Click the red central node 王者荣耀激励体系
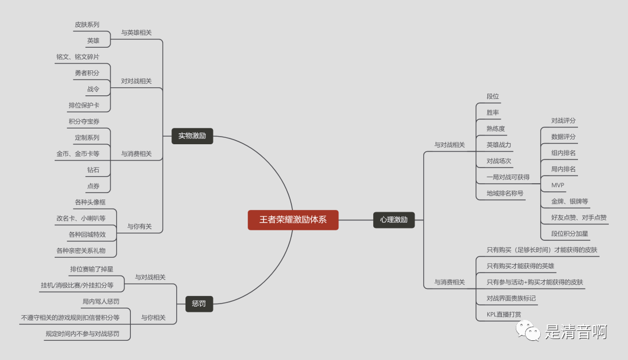point(292,220)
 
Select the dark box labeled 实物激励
point(192,136)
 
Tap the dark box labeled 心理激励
point(394,220)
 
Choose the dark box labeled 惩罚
point(199,304)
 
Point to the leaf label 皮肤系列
point(87,24)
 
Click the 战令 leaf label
point(93,89)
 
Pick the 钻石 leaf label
point(93,170)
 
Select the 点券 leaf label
point(93,186)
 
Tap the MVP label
point(558,185)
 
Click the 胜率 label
point(493,112)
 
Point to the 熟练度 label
point(496,129)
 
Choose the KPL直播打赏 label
point(504,315)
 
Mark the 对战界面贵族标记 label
point(511,298)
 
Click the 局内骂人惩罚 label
point(101,301)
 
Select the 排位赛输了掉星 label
point(92,269)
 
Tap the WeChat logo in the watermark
point(528,331)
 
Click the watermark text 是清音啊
point(576,332)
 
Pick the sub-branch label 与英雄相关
point(137,33)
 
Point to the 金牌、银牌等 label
point(569,201)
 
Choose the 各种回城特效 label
point(87,234)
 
